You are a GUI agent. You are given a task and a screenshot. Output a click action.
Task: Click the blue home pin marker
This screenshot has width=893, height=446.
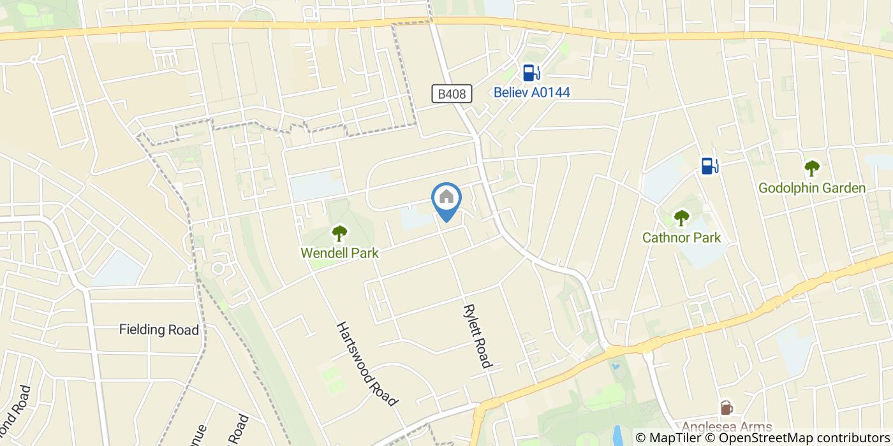447,199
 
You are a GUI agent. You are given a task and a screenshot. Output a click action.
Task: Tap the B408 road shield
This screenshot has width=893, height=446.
452,94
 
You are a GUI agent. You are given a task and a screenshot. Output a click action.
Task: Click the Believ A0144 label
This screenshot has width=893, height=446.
531,92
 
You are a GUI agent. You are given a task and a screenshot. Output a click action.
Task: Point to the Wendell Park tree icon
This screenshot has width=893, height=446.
339,233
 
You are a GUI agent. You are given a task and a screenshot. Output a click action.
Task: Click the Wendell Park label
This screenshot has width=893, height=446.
339,253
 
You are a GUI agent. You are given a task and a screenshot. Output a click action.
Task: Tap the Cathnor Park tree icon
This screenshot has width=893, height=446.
682,218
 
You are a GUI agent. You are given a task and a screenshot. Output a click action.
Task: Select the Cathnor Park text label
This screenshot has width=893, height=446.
681,238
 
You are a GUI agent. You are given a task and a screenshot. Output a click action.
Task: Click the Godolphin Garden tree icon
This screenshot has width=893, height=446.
811,168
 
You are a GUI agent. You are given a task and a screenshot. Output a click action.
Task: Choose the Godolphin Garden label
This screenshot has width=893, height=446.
811,188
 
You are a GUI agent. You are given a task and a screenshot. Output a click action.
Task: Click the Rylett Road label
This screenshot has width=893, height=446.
477,336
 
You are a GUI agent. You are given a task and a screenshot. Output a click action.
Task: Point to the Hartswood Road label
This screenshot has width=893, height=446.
367,363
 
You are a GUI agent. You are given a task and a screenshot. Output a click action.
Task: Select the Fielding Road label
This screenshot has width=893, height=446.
159,329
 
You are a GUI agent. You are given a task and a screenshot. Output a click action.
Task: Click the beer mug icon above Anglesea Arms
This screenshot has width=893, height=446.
726,408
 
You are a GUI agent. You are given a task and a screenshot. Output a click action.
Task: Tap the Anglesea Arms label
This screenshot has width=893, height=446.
727,427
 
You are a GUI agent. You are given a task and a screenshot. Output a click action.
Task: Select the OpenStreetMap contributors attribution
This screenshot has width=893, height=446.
800,438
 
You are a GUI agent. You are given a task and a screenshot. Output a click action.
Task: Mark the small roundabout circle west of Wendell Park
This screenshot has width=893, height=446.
218,268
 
